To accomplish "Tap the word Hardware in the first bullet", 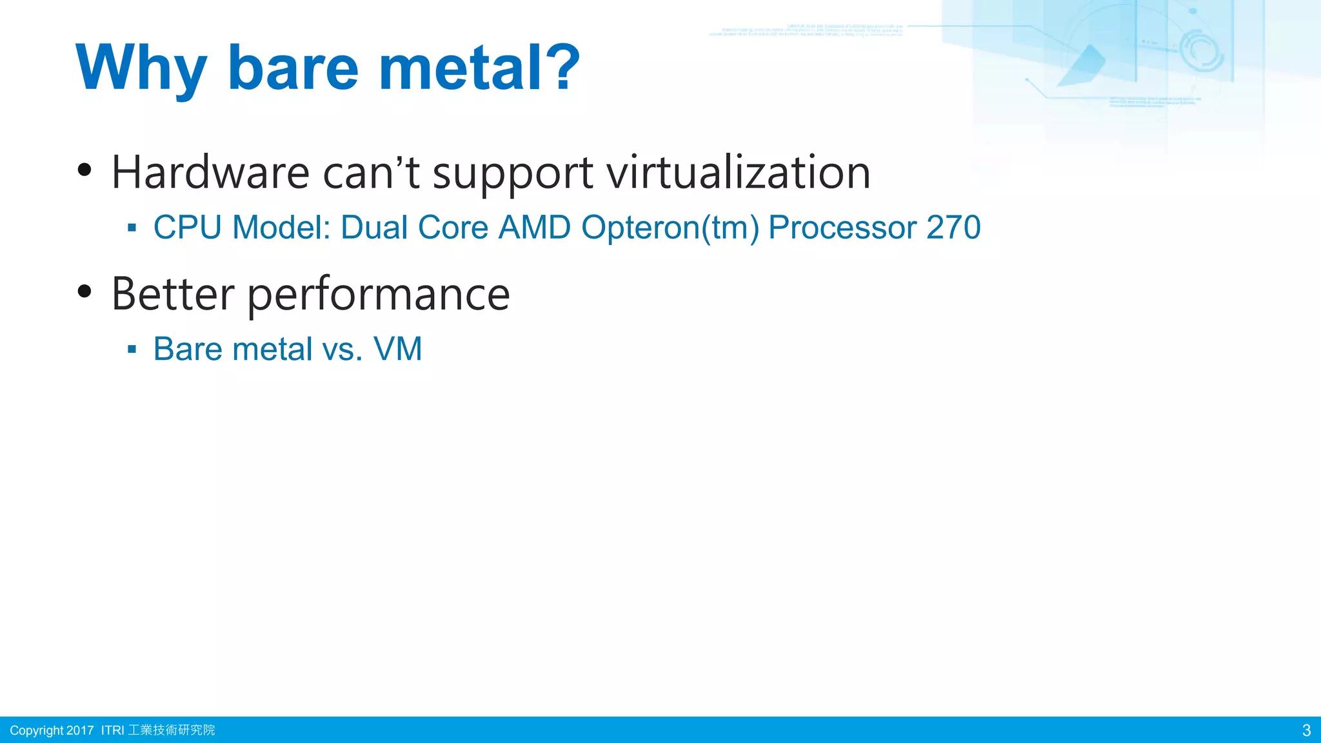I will (210, 173).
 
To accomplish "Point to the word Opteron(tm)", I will (670, 228).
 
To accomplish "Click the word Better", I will (173, 294).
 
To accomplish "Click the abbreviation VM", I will (397, 349).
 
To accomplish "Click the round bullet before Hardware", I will (84, 170).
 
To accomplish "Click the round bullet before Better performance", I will (84, 292).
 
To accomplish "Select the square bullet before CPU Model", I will (132, 228).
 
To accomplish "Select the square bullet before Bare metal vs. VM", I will (132, 350).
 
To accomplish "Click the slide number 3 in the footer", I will (1306, 730).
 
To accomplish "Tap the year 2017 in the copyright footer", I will (80, 730).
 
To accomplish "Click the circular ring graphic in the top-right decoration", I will (1201, 51).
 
